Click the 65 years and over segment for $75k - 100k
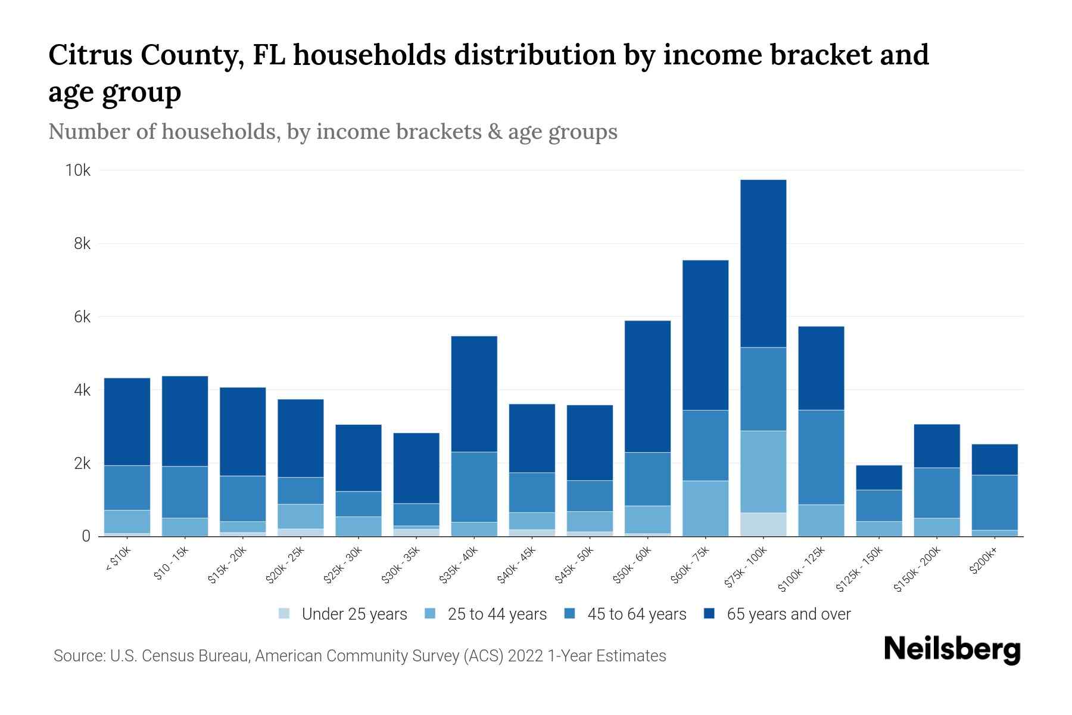pyautogui.click(x=763, y=263)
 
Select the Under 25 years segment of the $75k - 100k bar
pyautogui.click(x=763, y=524)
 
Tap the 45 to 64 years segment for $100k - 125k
pyautogui.click(x=821, y=457)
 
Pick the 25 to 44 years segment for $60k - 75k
pyautogui.click(x=705, y=508)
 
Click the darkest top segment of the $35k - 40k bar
pyautogui.click(x=474, y=394)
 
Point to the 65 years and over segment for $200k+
pyautogui.click(x=994, y=459)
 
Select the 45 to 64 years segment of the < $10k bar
pyautogui.click(x=127, y=487)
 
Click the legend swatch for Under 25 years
pyautogui.click(x=284, y=613)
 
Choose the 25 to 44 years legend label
pyautogui.click(x=497, y=614)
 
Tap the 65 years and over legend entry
pyautogui.click(x=788, y=614)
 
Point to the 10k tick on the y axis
pyautogui.click(x=77, y=171)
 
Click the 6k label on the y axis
pyautogui.click(x=82, y=318)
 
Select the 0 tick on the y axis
pyautogui.click(x=86, y=536)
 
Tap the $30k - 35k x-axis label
pyautogui.click(x=401, y=565)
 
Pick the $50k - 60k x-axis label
pyautogui.click(x=632, y=565)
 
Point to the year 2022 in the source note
pyautogui.click(x=525, y=656)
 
